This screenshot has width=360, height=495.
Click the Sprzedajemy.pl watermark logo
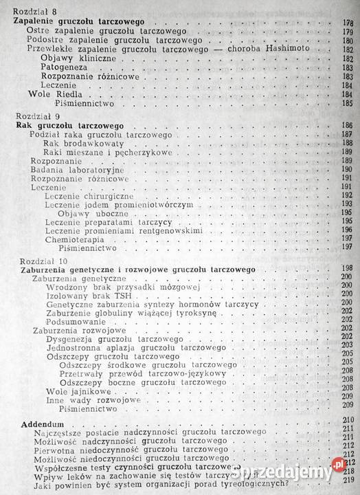pyautogui.click(x=310, y=474)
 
